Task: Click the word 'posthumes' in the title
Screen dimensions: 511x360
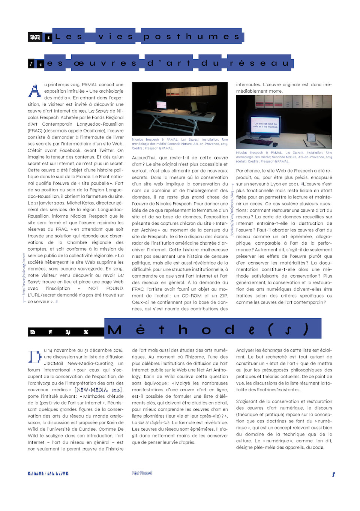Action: [192, 36]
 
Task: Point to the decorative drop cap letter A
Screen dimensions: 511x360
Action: [34, 91]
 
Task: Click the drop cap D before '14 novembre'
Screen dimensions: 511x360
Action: [34, 356]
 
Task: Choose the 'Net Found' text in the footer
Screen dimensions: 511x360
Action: [142, 473]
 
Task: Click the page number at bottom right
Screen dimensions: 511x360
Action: [333, 474]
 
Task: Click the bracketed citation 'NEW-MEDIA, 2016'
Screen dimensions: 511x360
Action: [99, 390]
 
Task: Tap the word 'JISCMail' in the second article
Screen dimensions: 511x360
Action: [53, 364]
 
